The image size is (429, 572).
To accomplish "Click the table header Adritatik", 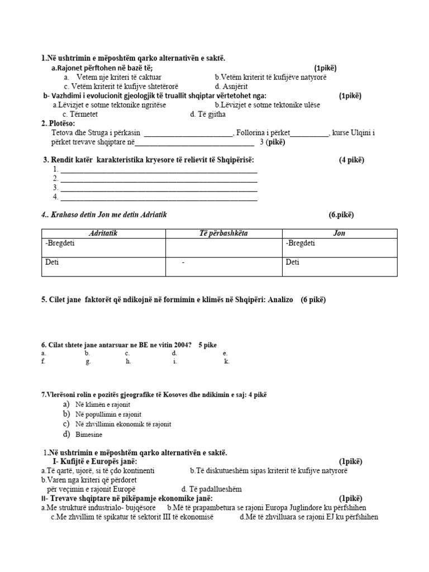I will [x=103, y=233].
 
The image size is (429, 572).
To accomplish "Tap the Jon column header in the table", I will [x=339, y=233].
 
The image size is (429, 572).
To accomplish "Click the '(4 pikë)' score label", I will [x=351, y=160].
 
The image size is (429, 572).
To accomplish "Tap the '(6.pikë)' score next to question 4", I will [x=341, y=214].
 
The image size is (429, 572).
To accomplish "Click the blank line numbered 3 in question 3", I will [x=159, y=188].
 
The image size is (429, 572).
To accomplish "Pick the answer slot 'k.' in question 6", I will [x=227, y=361].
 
